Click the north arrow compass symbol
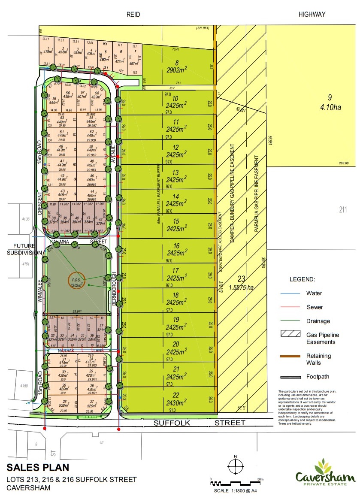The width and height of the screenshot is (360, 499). coord(235,465)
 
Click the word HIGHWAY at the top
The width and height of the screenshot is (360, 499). coord(312,15)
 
